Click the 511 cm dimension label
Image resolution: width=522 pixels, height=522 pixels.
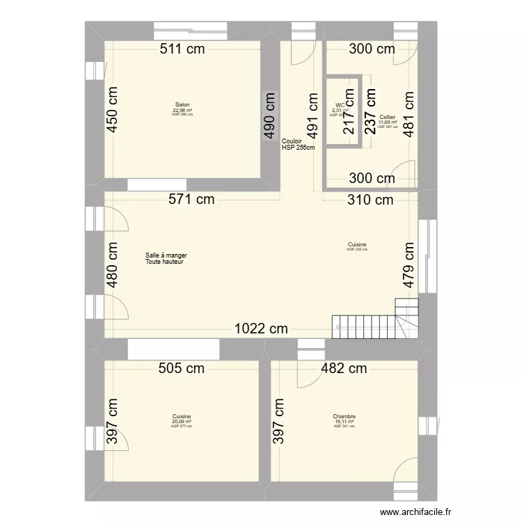coord(184,49)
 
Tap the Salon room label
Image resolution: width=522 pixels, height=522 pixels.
coord(182,105)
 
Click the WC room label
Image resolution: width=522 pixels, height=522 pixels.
coord(340,105)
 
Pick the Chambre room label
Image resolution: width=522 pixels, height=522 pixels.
coord(344,416)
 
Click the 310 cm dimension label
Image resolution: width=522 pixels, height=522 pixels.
coord(370,200)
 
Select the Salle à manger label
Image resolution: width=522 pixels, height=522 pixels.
coord(166,255)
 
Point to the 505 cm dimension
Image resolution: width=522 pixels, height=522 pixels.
coord(181,369)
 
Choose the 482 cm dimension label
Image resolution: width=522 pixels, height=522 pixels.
coord(343,369)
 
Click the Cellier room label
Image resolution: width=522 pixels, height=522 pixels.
coord(388,117)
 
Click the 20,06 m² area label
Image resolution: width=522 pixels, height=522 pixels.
coord(181,421)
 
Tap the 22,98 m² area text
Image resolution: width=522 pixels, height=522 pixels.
coord(182,110)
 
